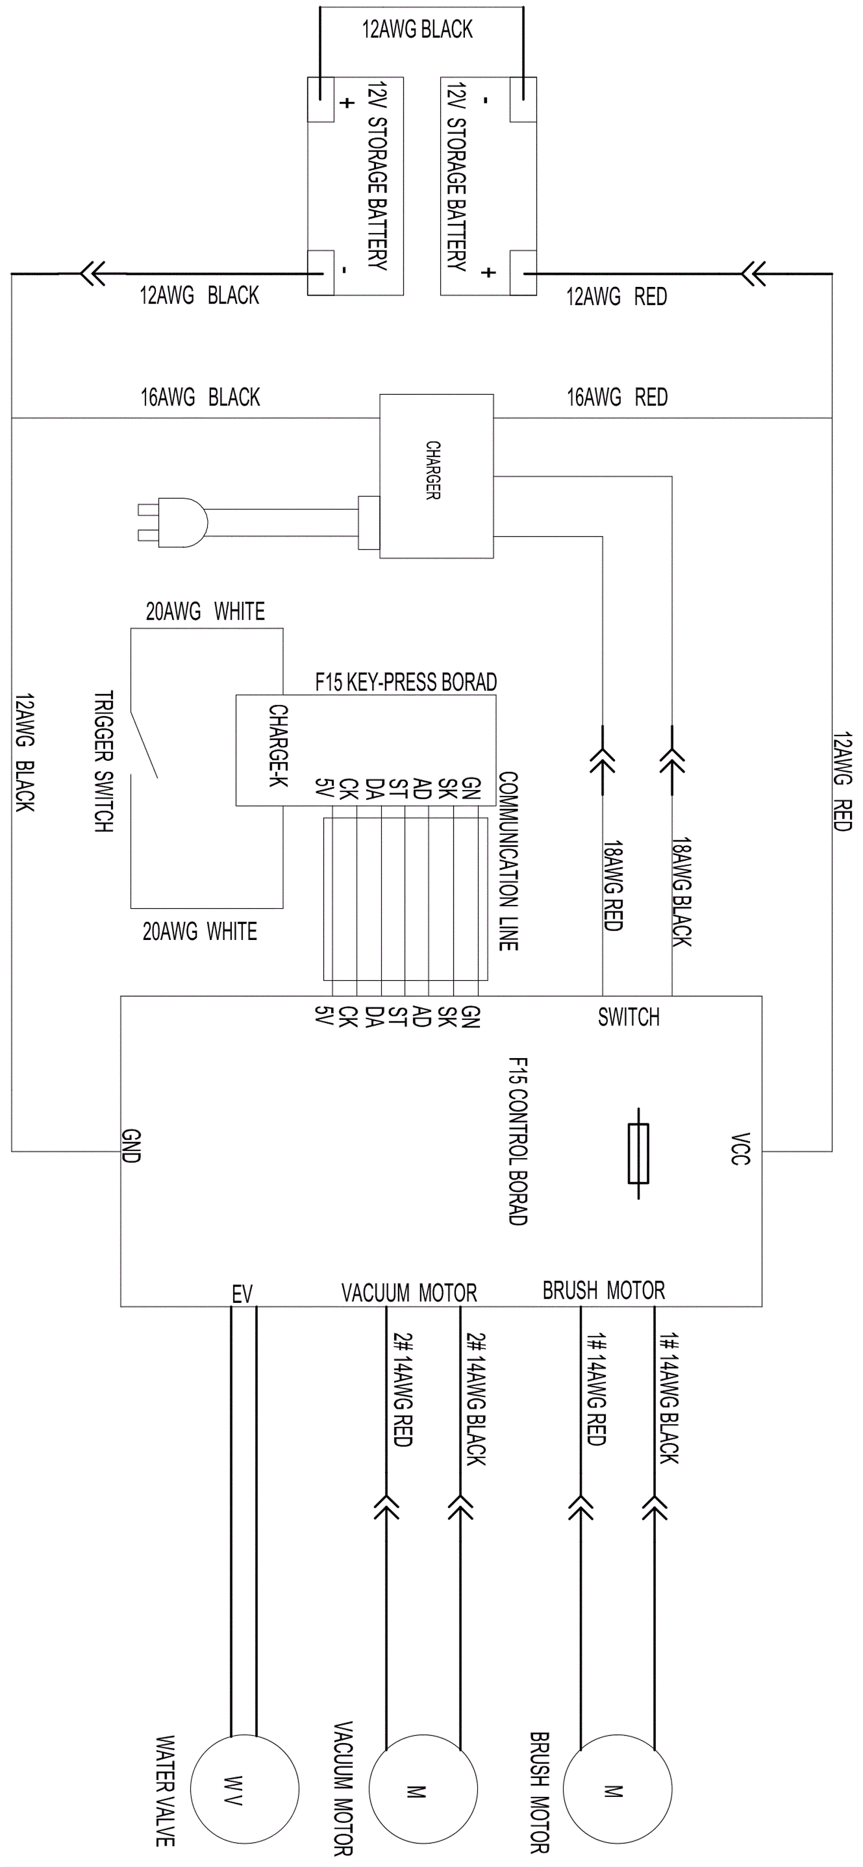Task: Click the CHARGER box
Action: [x=436, y=476]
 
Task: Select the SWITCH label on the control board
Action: [x=628, y=1018]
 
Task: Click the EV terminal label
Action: [x=242, y=1294]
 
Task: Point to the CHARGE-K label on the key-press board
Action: [x=278, y=746]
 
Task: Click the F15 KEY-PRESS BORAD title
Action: [x=406, y=682]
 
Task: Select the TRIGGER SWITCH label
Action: [x=104, y=761]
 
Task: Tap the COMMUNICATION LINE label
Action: [x=508, y=861]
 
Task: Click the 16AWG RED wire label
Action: [x=617, y=397]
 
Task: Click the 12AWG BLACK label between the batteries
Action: [x=417, y=29]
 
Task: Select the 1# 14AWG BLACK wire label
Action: [x=669, y=1399]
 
